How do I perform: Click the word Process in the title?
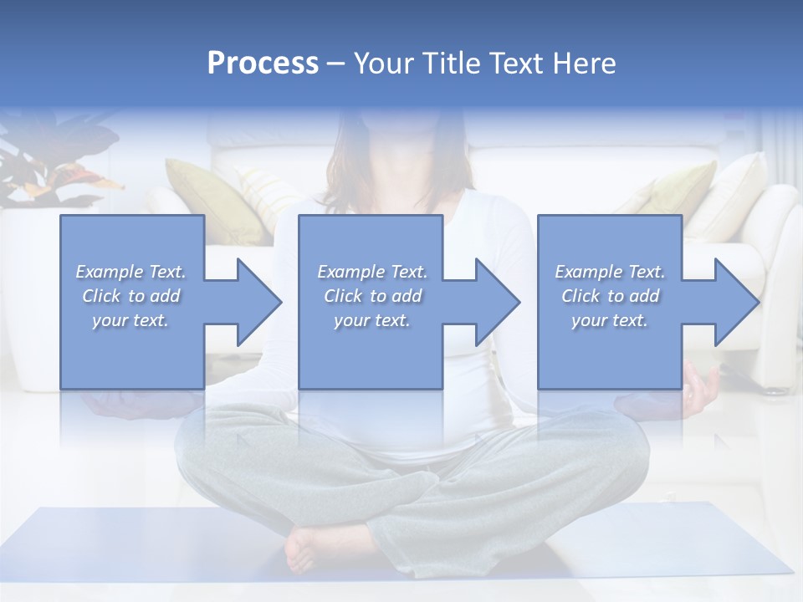263,64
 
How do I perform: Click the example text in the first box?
130,296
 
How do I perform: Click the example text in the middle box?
371,296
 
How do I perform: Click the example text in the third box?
610,296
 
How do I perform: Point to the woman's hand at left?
117,405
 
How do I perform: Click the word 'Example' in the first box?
109,272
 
